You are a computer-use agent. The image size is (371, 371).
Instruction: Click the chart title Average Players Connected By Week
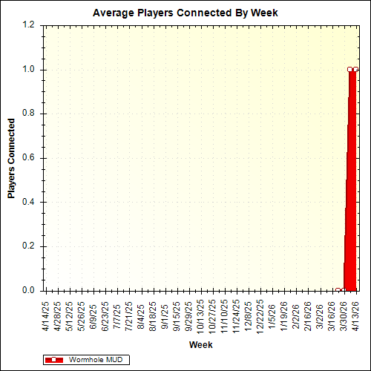(x=185, y=13)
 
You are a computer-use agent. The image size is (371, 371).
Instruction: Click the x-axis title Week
(x=201, y=345)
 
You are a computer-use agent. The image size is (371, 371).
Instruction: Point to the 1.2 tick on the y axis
(x=29, y=25)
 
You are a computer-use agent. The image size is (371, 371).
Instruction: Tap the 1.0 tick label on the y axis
(x=29, y=70)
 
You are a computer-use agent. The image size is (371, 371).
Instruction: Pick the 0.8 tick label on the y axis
(x=29, y=114)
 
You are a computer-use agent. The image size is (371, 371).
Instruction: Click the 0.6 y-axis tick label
(x=29, y=158)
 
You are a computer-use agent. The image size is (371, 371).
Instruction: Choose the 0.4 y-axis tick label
(x=29, y=202)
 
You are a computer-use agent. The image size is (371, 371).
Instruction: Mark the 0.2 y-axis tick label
(x=29, y=246)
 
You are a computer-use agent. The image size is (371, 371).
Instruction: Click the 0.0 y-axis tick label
(x=29, y=291)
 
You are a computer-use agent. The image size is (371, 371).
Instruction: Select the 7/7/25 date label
(x=117, y=312)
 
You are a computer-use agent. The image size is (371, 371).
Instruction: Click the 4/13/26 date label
(x=355, y=315)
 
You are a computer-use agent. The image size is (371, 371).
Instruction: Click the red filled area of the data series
(x=351, y=185)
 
